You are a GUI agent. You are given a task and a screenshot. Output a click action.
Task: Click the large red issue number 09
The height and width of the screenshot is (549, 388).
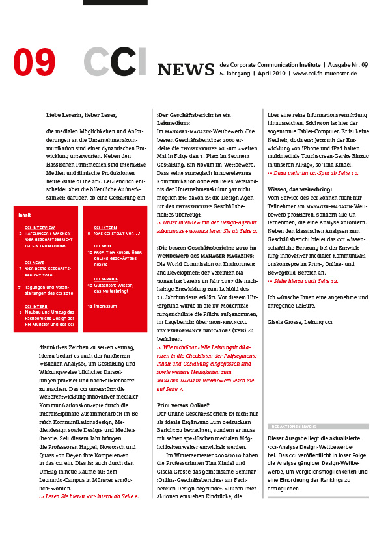(x=35, y=62)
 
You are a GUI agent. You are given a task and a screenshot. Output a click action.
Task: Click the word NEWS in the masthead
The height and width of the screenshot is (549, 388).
(x=186, y=70)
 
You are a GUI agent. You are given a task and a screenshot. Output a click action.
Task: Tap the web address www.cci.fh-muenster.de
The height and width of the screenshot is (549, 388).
(x=325, y=74)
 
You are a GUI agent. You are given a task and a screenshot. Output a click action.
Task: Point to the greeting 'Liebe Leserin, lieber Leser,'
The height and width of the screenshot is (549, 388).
(x=81, y=115)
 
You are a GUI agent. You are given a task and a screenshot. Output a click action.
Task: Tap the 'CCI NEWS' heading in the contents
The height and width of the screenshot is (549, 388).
(x=35, y=262)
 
